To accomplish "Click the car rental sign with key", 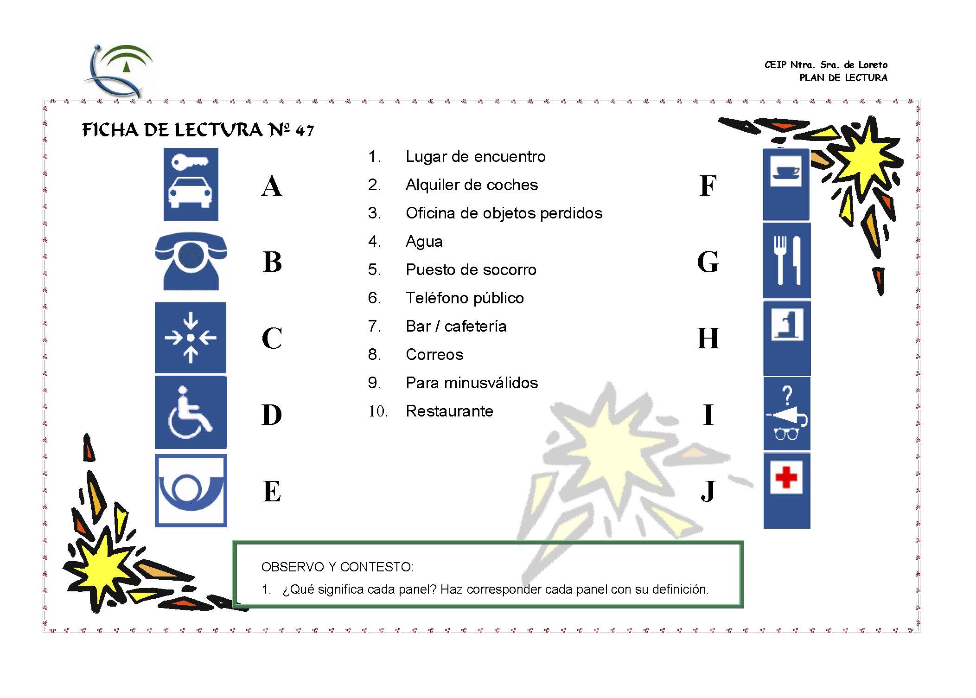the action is (191, 185).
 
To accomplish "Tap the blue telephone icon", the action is (191, 261).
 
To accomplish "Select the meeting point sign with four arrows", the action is (191, 338).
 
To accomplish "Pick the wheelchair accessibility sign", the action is (191, 412).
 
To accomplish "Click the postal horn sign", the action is (191, 490).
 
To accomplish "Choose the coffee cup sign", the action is (786, 185).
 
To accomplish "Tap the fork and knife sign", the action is (786, 260).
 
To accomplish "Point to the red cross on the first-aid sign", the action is (786, 477).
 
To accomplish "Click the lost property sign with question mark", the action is (786, 414).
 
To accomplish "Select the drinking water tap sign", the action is (786, 338).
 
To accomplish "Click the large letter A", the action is (272, 186).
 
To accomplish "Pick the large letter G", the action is (708, 262).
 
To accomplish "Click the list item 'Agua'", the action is (424, 242).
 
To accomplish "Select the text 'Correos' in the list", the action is (434, 355).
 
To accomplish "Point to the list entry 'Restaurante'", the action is (449, 411).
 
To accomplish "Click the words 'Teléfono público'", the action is (465, 298).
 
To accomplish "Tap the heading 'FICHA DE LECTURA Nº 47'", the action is (198, 130).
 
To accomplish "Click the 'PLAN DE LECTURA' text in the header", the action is (843, 78).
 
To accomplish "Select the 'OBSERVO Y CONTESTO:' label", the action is (338, 567).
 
